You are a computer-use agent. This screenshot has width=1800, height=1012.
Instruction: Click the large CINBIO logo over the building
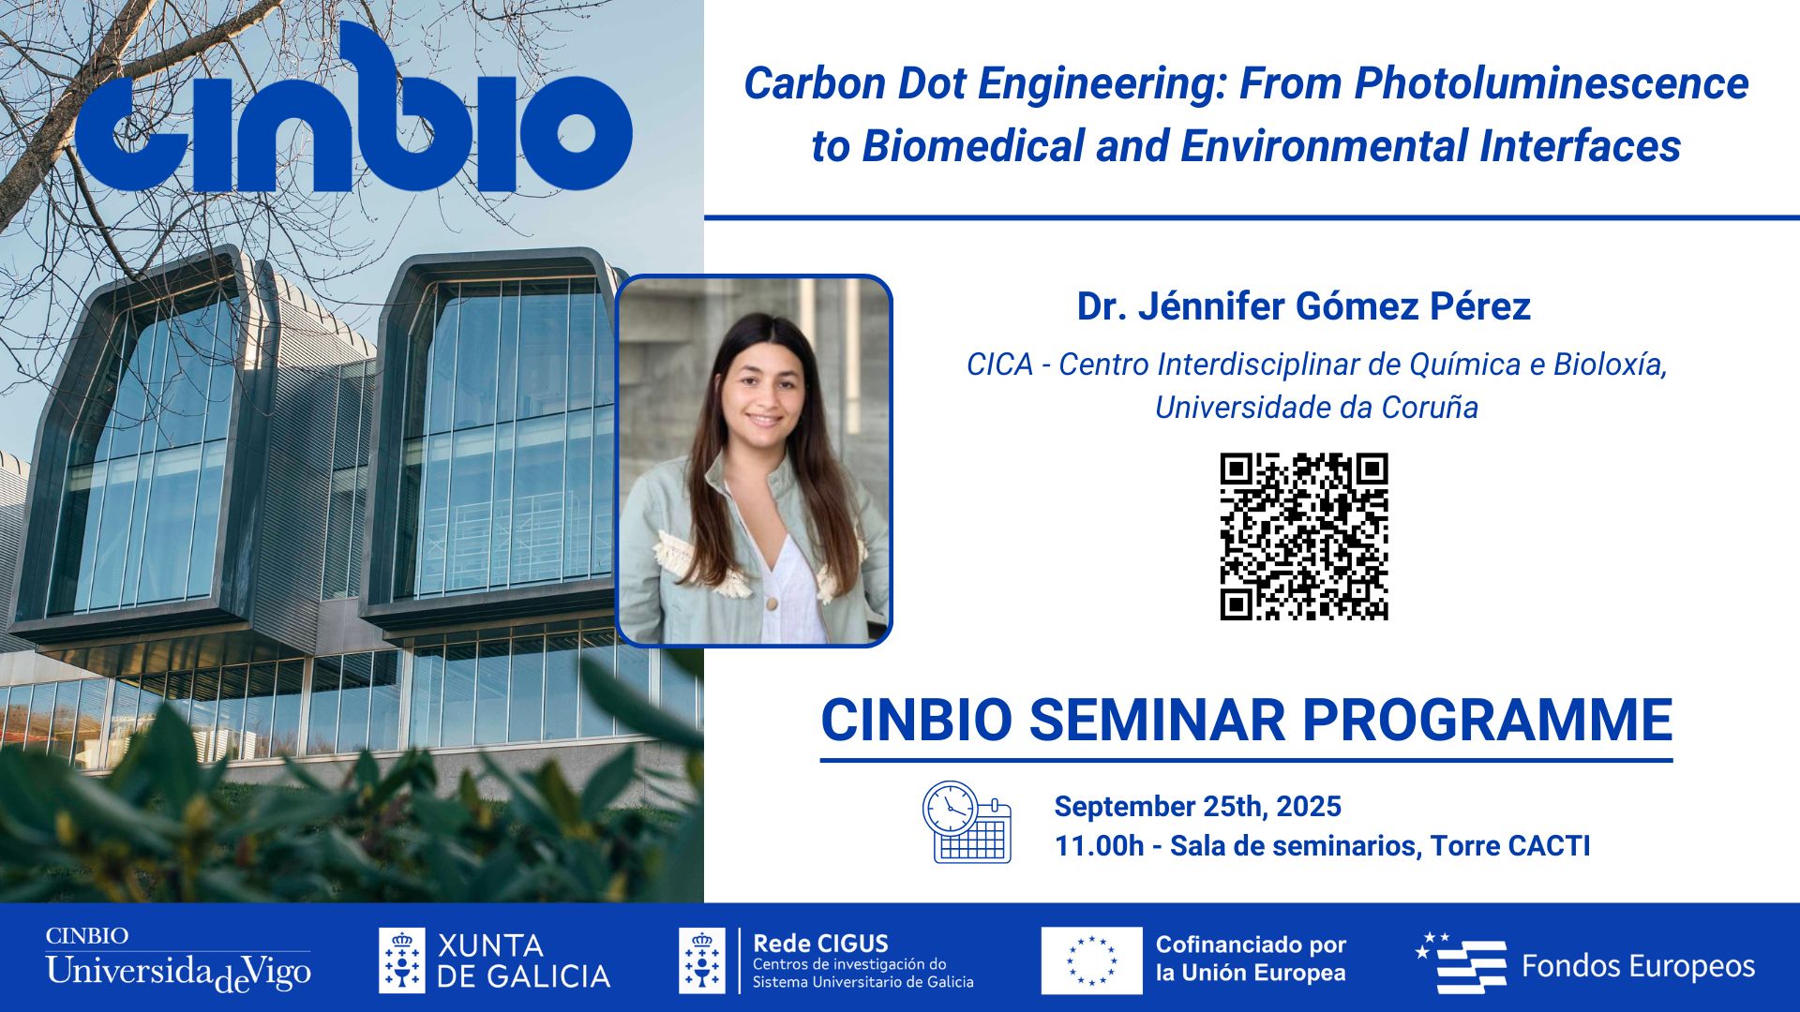(353, 112)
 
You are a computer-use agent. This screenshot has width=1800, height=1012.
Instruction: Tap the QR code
(1303, 536)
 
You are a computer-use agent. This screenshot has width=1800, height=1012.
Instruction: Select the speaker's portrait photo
(754, 461)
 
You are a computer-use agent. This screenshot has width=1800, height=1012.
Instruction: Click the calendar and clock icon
(967, 822)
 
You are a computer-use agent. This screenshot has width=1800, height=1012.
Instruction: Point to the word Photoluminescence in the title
(1551, 83)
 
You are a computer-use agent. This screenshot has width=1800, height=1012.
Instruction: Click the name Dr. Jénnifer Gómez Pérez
(1303, 306)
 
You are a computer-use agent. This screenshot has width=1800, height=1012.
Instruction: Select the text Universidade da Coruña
(1316, 408)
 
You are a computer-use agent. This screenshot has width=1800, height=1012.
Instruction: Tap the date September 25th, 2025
(1197, 806)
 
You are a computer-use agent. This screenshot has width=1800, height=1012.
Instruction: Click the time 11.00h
(1099, 846)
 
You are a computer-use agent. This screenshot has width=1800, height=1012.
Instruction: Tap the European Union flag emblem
(1091, 960)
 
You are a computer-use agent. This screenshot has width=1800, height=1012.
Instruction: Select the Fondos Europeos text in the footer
(1637, 966)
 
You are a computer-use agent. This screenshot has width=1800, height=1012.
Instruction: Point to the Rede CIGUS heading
(820, 943)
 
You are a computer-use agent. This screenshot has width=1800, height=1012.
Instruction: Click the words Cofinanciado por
(1251, 945)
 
